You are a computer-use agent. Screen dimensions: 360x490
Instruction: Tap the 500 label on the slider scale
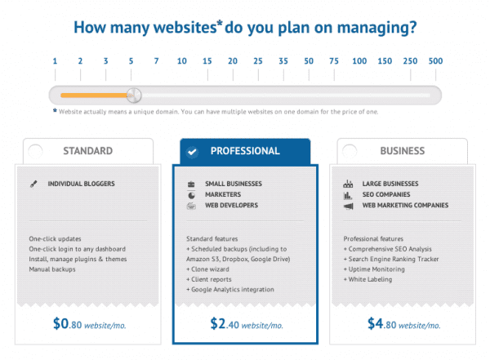(435, 61)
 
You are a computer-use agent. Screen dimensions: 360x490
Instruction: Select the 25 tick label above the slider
(258, 61)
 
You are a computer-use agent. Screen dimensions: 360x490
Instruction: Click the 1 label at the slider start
(55, 61)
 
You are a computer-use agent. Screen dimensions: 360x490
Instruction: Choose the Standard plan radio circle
(34, 151)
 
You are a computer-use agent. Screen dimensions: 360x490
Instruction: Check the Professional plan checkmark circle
(192, 151)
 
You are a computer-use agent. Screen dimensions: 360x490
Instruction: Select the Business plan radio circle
(350, 151)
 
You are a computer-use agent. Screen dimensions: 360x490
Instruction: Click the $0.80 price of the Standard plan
(69, 323)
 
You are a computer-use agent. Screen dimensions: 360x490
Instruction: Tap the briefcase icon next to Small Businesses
(190, 184)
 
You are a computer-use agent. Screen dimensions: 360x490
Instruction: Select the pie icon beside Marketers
(190, 195)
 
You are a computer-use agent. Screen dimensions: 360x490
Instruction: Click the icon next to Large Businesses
(348, 184)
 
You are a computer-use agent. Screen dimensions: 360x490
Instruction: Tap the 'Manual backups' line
(51, 269)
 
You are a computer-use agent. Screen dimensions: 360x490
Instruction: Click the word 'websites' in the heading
(179, 27)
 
